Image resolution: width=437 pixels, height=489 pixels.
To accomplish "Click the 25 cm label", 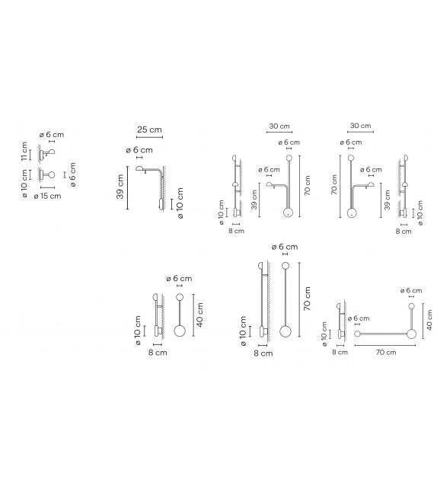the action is tap(149, 129).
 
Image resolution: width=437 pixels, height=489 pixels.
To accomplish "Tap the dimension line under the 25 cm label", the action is tap(150, 138).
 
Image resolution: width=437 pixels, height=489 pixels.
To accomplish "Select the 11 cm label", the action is tap(24, 152).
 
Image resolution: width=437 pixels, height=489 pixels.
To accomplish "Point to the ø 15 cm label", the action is tap(47, 197).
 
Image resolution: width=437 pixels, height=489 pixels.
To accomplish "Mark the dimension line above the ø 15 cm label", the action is tap(47, 187).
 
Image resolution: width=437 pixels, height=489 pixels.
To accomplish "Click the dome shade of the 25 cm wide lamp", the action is tap(139, 169).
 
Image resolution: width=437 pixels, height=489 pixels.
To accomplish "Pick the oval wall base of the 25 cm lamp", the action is tap(161, 204).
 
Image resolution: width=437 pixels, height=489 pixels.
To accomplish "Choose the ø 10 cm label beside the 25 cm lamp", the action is tap(180, 203).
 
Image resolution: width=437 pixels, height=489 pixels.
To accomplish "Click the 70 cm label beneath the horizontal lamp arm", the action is tap(386, 352).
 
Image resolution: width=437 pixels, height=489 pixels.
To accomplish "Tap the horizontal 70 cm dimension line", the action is tap(385, 345).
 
